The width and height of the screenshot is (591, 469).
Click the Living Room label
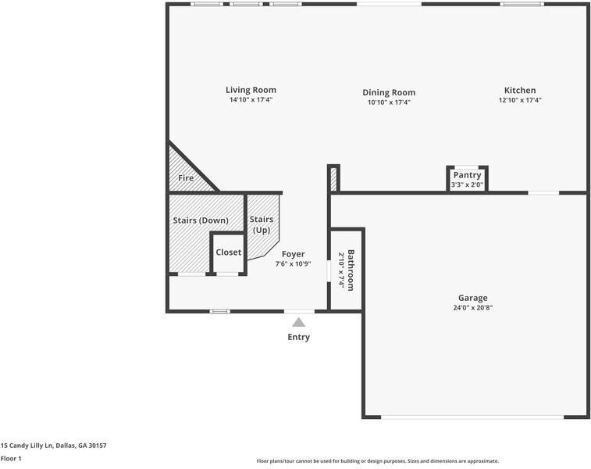pos(251,90)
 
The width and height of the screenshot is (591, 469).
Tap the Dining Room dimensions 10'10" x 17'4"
pos(389,102)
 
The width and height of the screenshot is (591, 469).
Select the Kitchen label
pos(520,90)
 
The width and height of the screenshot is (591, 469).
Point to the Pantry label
pos(467,175)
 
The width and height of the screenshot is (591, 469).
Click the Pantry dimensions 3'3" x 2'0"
pos(467,185)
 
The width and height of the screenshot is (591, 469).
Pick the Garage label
pos(472,298)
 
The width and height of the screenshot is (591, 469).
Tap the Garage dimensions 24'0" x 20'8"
pos(472,308)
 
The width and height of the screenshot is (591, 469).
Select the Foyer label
pos(293,254)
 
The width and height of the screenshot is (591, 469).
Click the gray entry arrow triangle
pos(299,321)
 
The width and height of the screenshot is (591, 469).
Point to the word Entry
pos(298,338)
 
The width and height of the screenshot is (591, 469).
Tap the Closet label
pos(229,252)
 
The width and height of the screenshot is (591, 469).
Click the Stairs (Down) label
pos(201,220)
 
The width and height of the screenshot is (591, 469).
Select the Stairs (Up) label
pos(262,225)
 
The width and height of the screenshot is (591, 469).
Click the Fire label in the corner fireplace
pos(186,178)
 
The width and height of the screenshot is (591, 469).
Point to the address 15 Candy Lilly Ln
pos(53,446)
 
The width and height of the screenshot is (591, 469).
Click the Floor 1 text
pos(11,459)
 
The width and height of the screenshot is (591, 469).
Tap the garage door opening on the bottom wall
pos(472,417)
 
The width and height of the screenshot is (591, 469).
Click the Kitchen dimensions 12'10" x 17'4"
pos(520,100)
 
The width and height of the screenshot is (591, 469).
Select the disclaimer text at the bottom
pos(378,461)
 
